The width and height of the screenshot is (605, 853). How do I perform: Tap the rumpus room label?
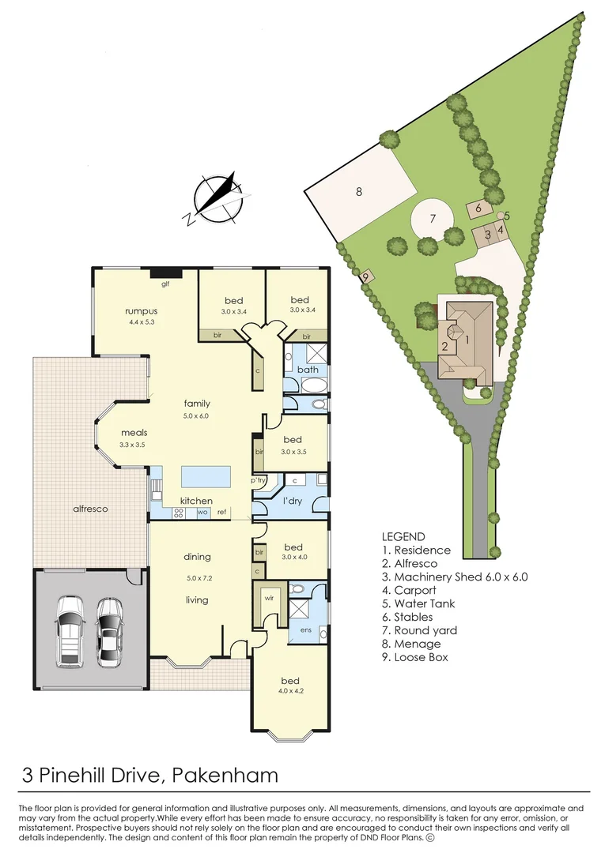[141, 311]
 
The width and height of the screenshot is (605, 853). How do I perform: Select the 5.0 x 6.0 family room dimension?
[197, 415]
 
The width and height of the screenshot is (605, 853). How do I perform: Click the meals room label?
[134, 433]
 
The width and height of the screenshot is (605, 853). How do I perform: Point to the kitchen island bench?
[206, 477]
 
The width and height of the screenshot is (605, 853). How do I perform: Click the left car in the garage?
[70, 629]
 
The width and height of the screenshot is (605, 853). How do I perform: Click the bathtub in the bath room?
[307, 386]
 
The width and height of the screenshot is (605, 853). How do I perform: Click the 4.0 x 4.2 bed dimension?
[293, 692]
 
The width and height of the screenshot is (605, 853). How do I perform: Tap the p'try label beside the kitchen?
[258, 480]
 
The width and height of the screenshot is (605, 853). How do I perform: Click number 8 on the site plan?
[358, 191]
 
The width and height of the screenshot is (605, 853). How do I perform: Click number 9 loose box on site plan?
[365, 276]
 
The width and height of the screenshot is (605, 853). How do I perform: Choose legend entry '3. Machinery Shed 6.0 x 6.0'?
[454, 577]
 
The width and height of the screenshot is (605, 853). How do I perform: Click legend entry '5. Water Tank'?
[418, 603]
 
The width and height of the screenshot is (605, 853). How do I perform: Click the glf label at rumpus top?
[166, 284]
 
